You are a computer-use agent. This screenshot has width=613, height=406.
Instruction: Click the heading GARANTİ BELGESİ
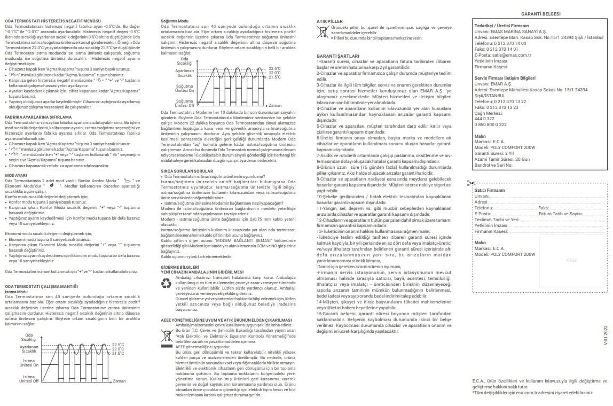click(x=541, y=13)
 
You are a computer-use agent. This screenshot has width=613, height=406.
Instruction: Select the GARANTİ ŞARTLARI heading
click(x=338, y=56)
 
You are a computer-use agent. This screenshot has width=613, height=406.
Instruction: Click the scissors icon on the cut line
click(x=470, y=183)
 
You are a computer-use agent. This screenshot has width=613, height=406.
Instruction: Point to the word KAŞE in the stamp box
click(x=571, y=260)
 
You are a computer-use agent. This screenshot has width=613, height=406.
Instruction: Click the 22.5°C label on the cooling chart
click(x=275, y=69)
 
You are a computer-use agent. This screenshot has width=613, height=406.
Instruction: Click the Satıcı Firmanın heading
click(x=490, y=190)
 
